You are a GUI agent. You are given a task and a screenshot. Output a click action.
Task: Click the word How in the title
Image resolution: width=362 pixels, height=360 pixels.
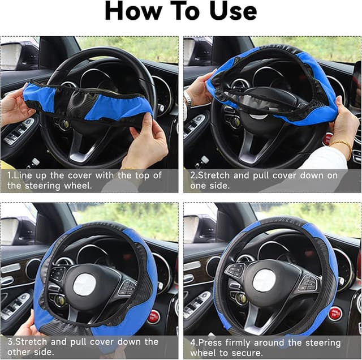(132, 12)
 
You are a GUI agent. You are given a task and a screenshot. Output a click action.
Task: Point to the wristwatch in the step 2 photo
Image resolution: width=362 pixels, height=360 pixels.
(188, 101)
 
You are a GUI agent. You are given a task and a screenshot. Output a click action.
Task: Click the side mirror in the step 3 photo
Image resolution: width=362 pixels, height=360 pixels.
(10, 229)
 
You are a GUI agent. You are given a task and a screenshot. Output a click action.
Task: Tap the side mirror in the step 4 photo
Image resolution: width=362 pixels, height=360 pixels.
(192, 229)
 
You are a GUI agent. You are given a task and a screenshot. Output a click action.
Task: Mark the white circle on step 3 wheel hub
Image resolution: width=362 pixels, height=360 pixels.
(85, 283)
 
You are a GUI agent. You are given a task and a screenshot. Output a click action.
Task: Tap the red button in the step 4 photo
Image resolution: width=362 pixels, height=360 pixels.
(336, 313)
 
